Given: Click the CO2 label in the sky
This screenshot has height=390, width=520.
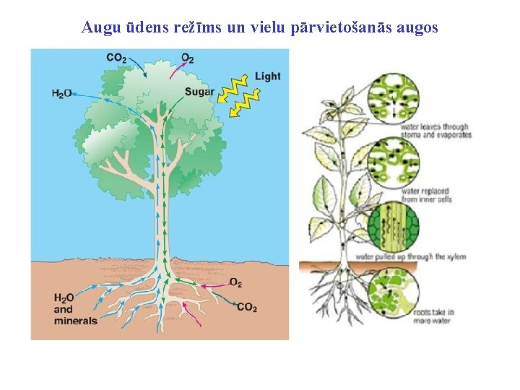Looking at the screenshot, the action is (x=116, y=58).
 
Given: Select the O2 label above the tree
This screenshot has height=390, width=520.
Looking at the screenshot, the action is (x=187, y=58).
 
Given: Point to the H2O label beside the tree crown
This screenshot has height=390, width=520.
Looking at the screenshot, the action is (x=61, y=93).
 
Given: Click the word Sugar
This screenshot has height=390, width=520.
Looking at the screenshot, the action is (x=199, y=92).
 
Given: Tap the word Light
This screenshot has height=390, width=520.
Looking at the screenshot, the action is (x=267, y=76).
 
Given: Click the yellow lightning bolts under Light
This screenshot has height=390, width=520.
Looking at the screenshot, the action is (x=240, y=97).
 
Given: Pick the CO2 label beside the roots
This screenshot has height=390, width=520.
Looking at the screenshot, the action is (x=246, y=307).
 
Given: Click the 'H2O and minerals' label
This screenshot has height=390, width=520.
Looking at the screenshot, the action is (x=74, y=309).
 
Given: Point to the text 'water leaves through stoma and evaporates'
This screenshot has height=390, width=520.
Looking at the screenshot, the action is (x=442, y=130).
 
